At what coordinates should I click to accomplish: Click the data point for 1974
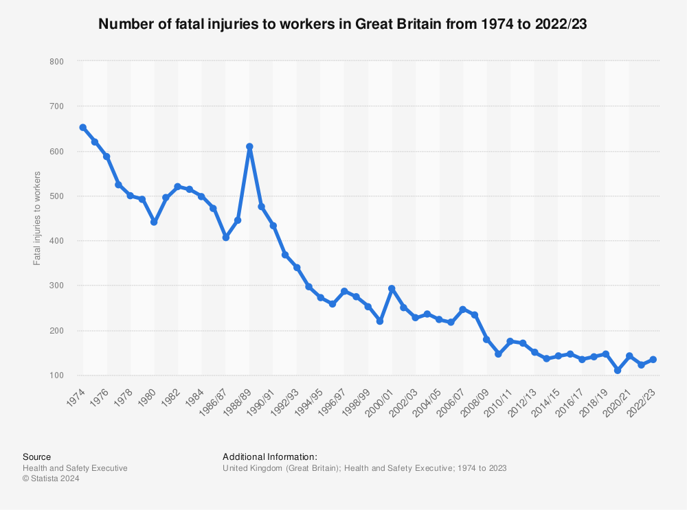(x=83, y=127)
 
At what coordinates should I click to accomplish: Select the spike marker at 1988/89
(x=249, y=146)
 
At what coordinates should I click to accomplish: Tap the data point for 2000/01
(x=392, y=289)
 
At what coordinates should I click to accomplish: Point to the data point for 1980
(x=154, y=222)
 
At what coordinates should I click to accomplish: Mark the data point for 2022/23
(x=653, y=359)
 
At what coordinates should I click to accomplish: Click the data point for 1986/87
(x=225, y=237)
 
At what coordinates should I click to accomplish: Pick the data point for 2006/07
(x=463, y=309)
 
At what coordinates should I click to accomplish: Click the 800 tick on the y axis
(x=57, y=62)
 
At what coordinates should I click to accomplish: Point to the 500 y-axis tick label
(x=57, y=196)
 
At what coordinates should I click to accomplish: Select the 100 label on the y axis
(x=57, y=375)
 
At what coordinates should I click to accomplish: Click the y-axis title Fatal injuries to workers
(x=37, y=218)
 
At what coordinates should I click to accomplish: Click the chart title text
(x=343, y=24)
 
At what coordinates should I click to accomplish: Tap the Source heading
(x=36, y=456)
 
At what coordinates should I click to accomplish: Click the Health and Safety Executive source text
(x=75, y=468)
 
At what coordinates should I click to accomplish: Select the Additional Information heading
(x=269, y=456)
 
